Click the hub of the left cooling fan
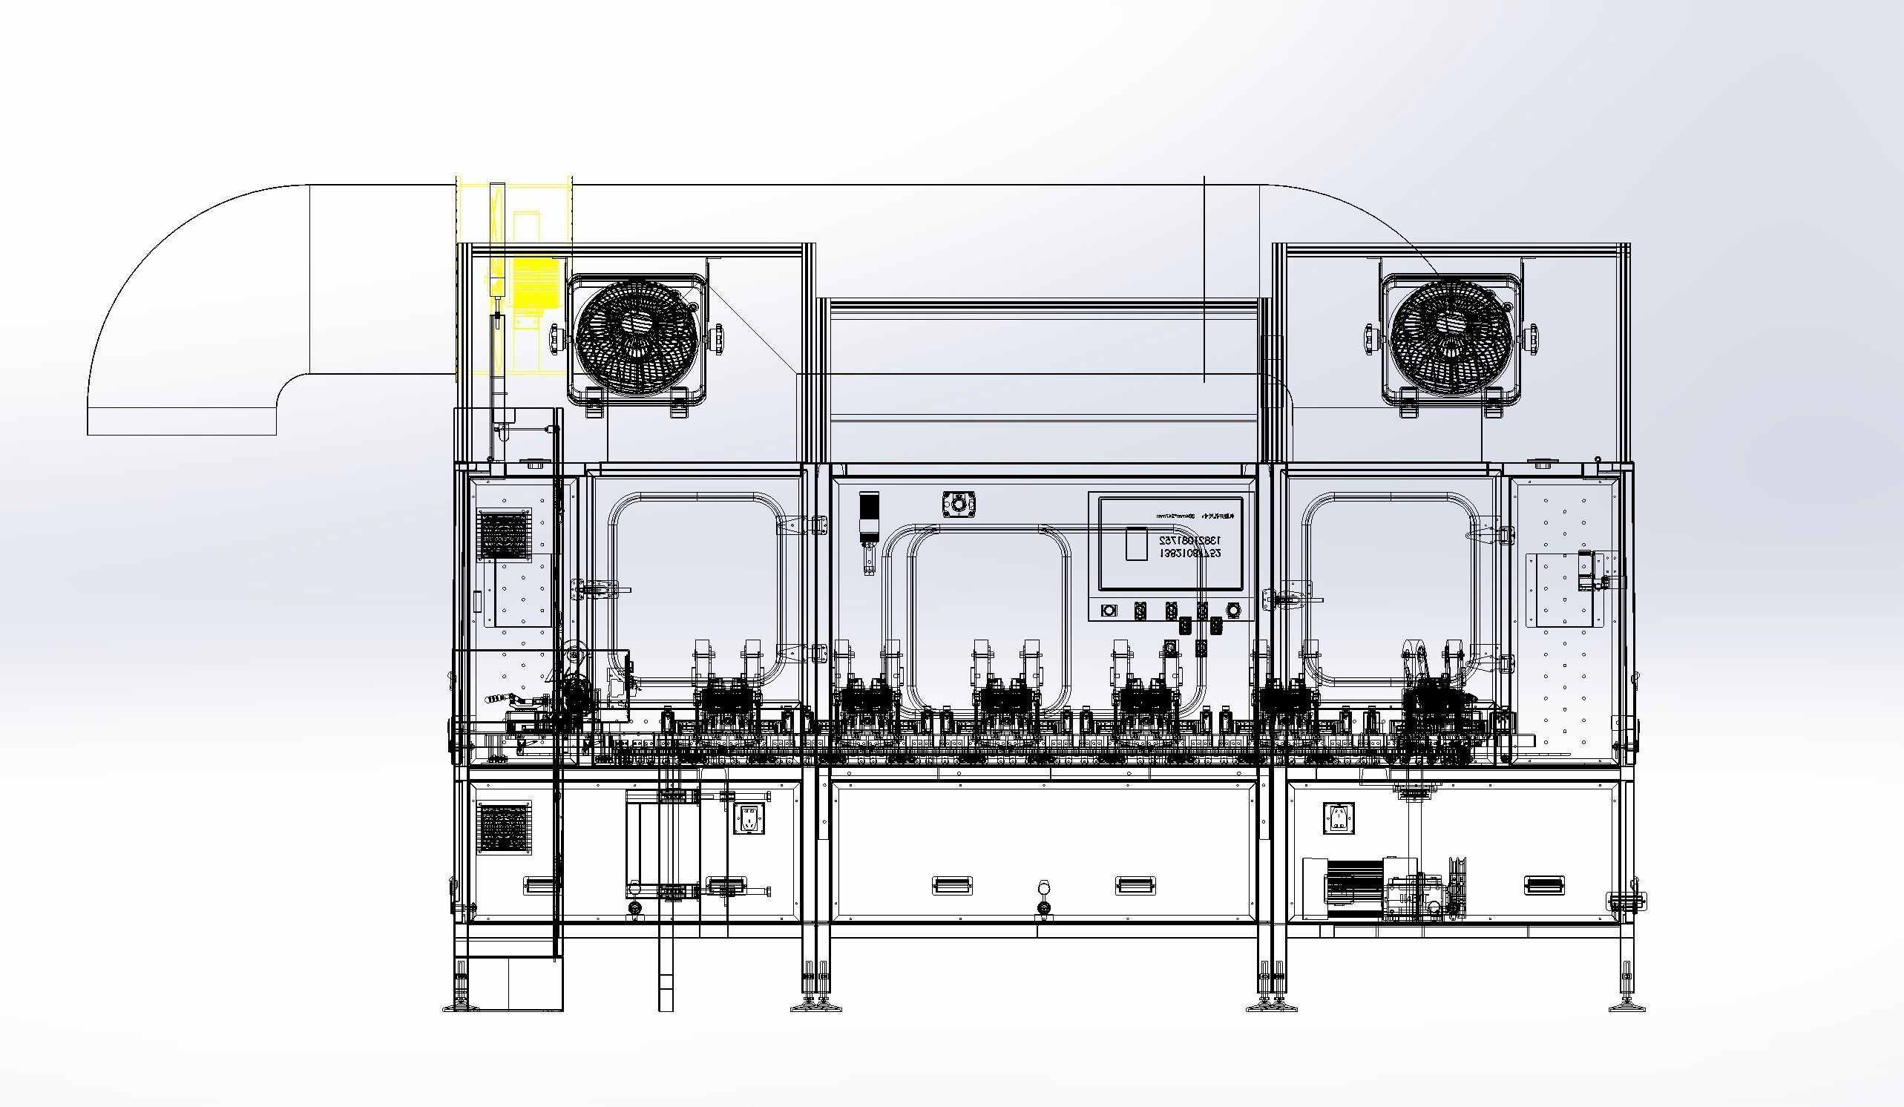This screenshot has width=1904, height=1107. coord(636,336)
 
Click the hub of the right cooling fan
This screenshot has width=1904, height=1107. coord(1451,336)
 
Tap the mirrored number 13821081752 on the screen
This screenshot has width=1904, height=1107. coord(1190,541)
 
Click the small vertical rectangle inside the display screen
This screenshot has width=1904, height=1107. coord(1136,543)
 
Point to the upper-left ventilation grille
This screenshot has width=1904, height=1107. coord(505,534)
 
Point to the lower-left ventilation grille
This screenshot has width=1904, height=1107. coord(505,827)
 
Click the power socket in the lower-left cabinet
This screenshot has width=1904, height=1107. coord(749,818)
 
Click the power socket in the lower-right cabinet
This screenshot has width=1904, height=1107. coord(1338,818)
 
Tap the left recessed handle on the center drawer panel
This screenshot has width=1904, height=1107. coord(952,885)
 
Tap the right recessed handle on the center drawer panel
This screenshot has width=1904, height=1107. coord(1136,885)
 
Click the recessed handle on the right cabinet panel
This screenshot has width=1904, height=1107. coord(1544,885)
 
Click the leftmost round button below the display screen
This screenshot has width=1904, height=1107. coord(1109,610)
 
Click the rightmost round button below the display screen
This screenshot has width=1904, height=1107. coord(1234,610)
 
